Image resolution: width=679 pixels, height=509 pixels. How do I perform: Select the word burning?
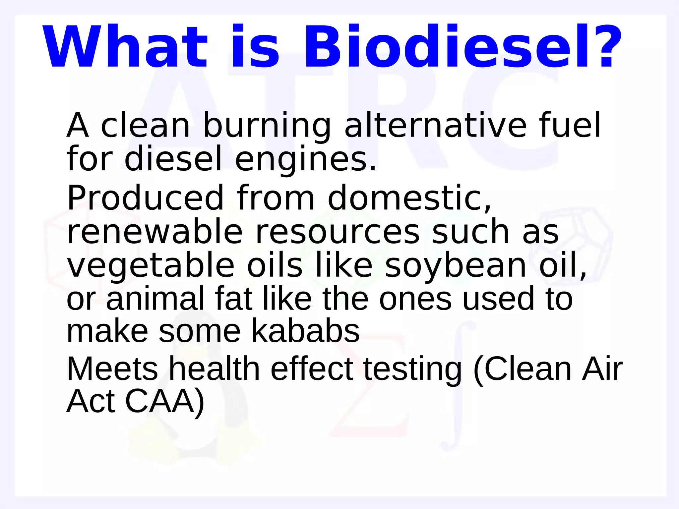[x=267, y=126]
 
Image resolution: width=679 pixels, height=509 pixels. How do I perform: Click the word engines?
[x=305, y=160]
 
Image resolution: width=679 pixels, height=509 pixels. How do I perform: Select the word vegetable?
[x=151, y=267]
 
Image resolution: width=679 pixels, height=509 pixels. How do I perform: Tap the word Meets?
[x=112, y=369]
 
